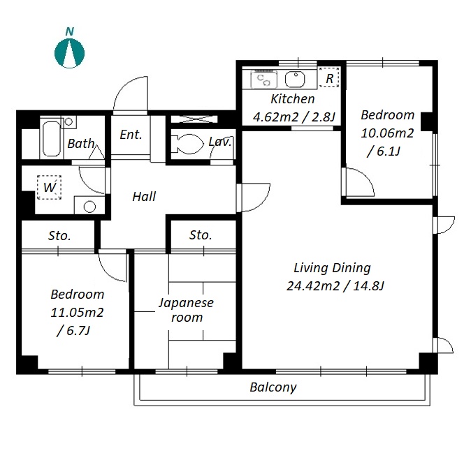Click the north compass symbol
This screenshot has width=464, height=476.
[70, 53]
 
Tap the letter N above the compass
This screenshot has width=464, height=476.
[70, 31]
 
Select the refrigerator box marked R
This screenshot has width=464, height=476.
[329, 77]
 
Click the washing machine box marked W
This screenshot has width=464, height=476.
[49, 187]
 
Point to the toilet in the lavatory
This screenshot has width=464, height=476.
[187, 143]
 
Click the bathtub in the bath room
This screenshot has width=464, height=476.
[52, 139]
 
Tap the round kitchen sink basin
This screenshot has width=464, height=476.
[295, 80]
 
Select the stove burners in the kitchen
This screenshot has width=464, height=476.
[263, 80]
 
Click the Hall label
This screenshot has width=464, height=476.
[144, 197]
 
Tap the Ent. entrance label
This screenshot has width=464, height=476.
[131, 135]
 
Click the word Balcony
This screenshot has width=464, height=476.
[273, 387]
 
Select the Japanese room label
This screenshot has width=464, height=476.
[187, 310]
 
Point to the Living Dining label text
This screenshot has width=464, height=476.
[332, 268]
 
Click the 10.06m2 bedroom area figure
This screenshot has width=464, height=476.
[387, 133]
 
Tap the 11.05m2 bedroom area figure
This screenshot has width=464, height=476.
[77, 312]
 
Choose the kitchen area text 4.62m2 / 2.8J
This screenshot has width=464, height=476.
[293, 117]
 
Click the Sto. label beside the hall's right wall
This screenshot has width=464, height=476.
[201, 235]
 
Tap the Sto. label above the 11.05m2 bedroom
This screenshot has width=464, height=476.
[59, 236]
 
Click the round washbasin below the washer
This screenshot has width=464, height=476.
[89, 207]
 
